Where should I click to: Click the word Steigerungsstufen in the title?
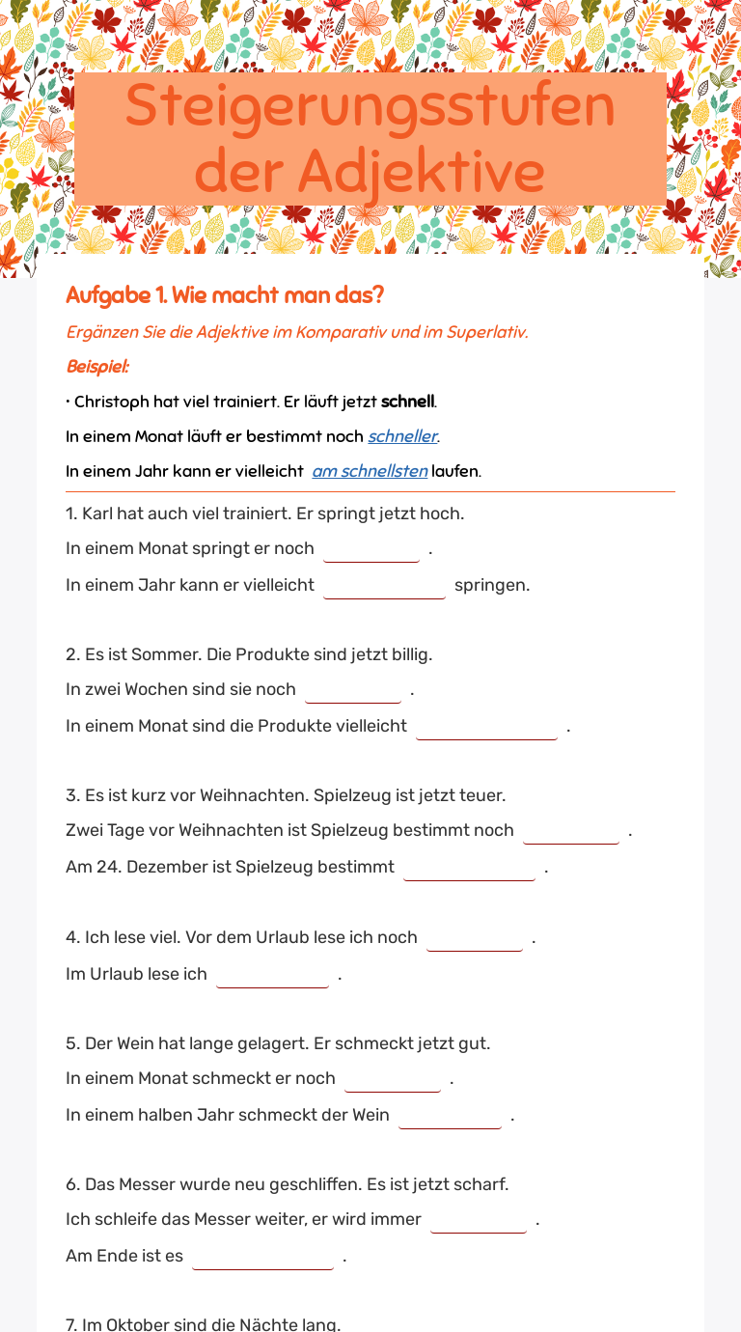point(370,105)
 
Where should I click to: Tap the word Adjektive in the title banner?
point(421,171)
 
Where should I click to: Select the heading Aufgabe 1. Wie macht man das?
point(225,295)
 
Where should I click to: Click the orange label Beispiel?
point(97,367)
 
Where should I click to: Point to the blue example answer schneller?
point(402,436)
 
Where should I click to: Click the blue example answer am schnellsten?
point(370,471)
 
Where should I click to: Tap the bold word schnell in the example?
point(407,402)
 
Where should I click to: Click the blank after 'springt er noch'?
point(371,549)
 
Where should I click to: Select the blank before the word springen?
point(384,586)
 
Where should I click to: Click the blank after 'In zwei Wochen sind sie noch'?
point(353,690)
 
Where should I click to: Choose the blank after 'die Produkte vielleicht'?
point(486,727)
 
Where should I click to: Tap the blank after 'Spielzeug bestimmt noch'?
point(571,831)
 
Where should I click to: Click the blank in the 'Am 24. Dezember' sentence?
point(469,868)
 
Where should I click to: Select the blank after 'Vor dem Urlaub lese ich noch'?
point(475,938)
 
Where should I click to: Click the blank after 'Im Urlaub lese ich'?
point(272,975)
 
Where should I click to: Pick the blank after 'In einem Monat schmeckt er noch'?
point(393,1079)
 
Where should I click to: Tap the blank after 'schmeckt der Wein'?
point(450,1116)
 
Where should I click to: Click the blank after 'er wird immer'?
point(479,1220)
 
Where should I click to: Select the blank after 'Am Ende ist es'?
point(262,1257)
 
